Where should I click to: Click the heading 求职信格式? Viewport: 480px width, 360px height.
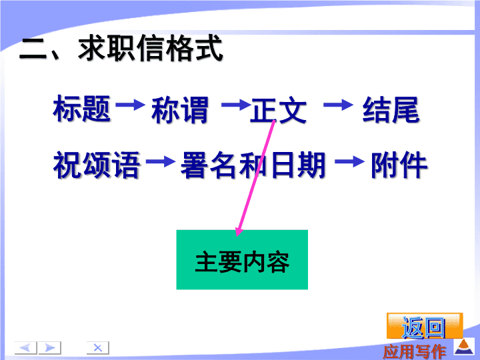pyautogui.click(x=150, y=48)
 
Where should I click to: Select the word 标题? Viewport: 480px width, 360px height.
pyautogui.click(x=82, y=109)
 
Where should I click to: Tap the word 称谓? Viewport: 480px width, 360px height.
pyautogui.click(x=180, y=110)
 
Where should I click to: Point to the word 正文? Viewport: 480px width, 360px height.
pyautogui.click(x=278, y=110)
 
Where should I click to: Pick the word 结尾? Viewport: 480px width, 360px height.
pyautogui.click(x=391, y=109)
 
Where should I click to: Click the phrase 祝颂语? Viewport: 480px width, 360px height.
pyautogui.click(x=97, y=165)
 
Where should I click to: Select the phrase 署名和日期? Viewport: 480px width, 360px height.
pyautogui.click(x=253, y=165)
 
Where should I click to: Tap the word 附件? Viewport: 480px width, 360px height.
pyautogui.click(x=399, y=165)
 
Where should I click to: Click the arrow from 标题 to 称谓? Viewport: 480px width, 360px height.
pyautogui.click(x=131, y=105)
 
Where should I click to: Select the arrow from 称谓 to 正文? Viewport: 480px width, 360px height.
pyautogui.click(x=236, y=105)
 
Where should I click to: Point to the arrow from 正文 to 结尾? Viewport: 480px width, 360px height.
pyautogui.click(x=338, y=105)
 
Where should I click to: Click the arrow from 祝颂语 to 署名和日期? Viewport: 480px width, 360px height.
pyautogui.click(x=161, y=161)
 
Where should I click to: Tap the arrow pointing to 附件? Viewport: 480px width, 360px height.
pyautogui.click(x=349, y=161)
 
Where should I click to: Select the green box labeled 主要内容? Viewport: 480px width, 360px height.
pyautogui.click(x=242, y=259)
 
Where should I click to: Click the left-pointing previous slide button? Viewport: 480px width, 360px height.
pyautogui.click(x=26, y=348)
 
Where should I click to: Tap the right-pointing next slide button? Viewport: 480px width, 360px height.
pyautogui.click(x=49, y=348)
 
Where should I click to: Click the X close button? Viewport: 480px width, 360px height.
pyautogui.click(x=97, y=348)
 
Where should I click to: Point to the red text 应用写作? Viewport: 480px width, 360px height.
pyautogui.click(x=414, y=351)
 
